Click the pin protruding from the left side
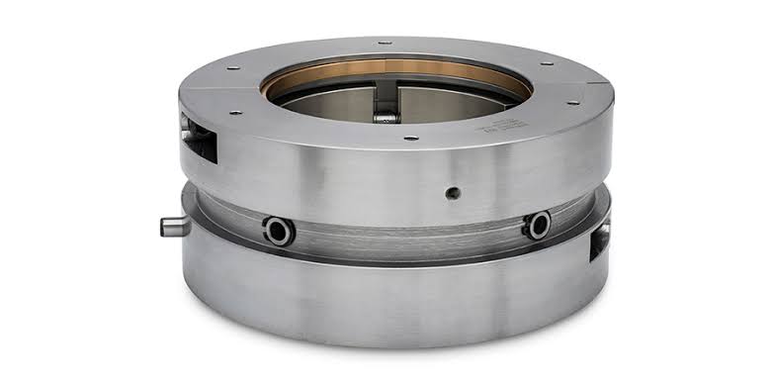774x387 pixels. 174,226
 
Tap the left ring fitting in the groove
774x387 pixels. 278,231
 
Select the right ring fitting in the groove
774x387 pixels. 538,225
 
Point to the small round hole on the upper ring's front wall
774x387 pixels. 452,193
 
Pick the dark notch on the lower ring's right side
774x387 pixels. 599,242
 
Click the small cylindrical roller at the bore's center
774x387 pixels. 386,117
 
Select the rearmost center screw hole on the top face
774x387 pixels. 380,44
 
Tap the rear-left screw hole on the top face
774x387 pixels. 234,68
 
